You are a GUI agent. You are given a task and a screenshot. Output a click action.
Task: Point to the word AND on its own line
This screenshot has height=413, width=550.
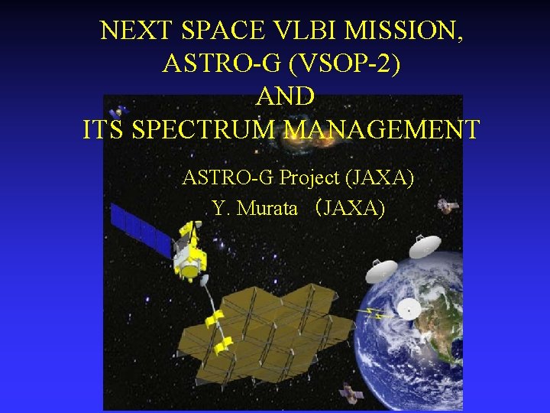coord(284,96)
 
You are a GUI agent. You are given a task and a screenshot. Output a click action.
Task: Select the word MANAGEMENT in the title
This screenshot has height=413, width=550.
coord(381,129)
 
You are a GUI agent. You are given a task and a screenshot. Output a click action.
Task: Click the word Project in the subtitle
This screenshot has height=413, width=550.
coord(310,178)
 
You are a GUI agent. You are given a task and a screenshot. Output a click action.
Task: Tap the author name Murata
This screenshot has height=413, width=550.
coord(267,207)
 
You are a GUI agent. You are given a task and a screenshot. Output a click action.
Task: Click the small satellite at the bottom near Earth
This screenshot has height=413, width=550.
coord(351,393)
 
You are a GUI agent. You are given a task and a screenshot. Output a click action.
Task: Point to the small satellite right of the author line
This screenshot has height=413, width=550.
coord(447,206)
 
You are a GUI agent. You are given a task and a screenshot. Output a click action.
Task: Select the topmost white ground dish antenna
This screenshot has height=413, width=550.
coord(425,246)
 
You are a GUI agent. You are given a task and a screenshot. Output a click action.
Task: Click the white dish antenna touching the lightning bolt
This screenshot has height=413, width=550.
coord(409,309)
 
